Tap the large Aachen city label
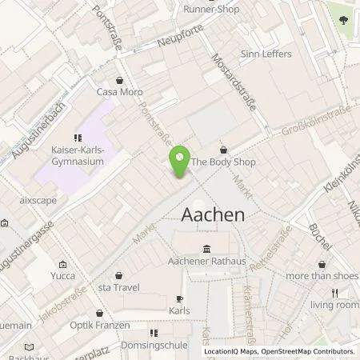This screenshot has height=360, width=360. tap(214, 215)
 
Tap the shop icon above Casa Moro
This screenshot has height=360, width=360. tap(119, 80)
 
